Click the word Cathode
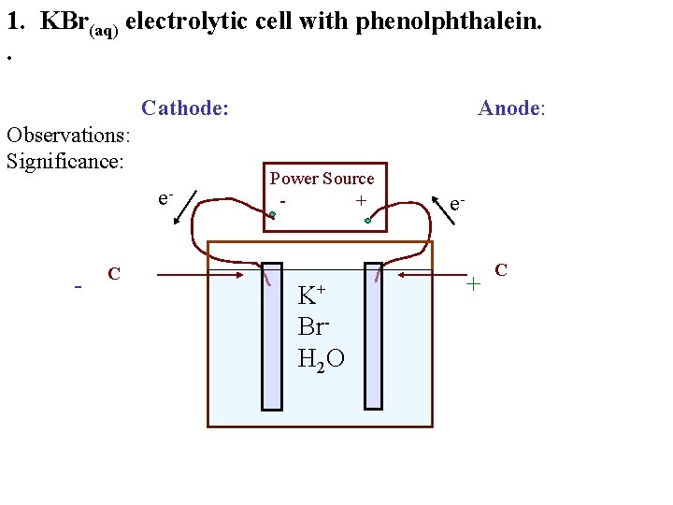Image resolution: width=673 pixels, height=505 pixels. [184, 108]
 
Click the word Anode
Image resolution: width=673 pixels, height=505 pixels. [509, 108]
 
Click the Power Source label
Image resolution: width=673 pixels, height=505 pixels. [322, 179]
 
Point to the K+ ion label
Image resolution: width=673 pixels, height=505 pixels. [311, 296]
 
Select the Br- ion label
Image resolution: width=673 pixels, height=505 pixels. [313, 326]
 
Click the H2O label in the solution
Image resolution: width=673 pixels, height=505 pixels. [320, 357]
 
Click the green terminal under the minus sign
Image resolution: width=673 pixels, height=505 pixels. [272, 216]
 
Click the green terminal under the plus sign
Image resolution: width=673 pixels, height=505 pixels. [368, 221]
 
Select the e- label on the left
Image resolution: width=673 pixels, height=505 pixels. [165, 198]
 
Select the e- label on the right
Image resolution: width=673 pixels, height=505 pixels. [458, 203]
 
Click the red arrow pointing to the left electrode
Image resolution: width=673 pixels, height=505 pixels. [201, 275]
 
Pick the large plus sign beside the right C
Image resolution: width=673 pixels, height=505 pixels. [474, 281]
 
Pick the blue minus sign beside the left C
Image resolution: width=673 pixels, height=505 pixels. [79, 285]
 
